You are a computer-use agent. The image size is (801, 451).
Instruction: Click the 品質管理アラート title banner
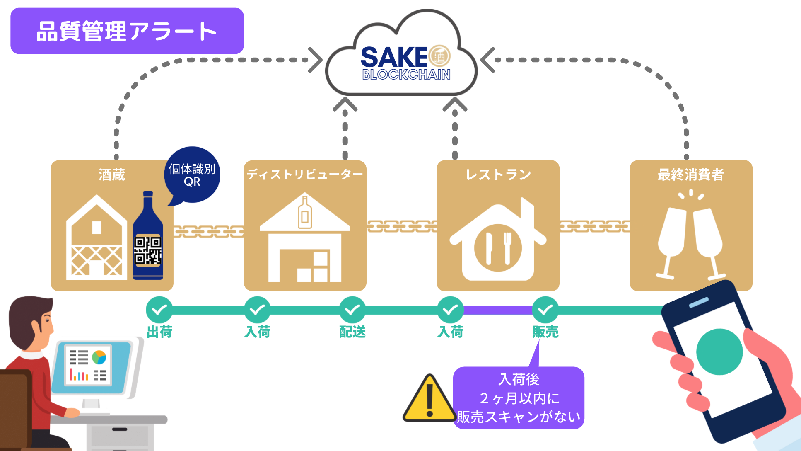coord(127,31)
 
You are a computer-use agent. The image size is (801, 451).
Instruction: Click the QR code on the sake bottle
coord(147,250)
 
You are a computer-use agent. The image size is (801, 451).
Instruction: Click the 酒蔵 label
coord(112,175)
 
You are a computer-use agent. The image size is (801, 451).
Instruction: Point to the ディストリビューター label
coord(304,175)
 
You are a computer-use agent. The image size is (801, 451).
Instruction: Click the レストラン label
coord(498,175)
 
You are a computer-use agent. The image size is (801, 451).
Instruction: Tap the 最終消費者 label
coord(691,175)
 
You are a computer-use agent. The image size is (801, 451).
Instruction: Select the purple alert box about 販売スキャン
coord(519,398)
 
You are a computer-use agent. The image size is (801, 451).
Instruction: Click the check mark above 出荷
coord(159,310)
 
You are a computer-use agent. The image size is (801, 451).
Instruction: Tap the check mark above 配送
coord(352,310)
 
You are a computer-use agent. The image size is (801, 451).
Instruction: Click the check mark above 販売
coord(545,310)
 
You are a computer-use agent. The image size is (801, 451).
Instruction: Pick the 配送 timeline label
coord(352,332)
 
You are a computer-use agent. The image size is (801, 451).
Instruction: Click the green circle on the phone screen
coord(719,352)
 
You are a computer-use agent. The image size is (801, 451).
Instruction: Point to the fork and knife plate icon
coord(498,248)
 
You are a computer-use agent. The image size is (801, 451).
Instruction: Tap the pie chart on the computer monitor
coord(99,357)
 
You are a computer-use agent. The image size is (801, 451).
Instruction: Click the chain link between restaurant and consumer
coord(594,226)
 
